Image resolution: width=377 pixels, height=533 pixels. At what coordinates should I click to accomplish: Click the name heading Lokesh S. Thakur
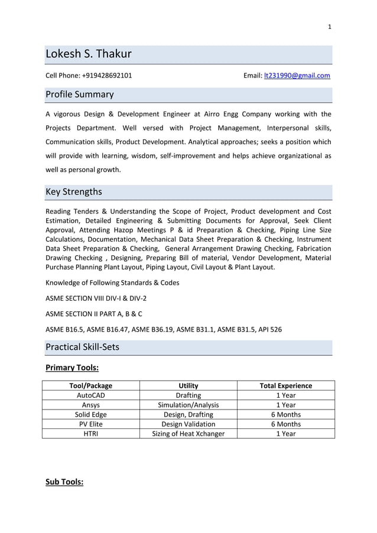click(x=89, y=54)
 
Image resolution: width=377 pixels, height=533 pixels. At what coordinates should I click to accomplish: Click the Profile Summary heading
click(x=80, y=95)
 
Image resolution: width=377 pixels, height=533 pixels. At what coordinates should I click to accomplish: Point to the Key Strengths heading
click(x=74, y=191)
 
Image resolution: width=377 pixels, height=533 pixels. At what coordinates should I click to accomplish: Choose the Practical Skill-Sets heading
click(x=82, y=347)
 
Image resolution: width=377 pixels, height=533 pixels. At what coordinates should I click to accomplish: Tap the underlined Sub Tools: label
click(x=64, y=482)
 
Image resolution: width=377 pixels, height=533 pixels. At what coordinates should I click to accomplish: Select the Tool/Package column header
click(x=90, y=386)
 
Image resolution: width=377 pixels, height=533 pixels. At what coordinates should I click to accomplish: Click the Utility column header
click(x=188, y=386)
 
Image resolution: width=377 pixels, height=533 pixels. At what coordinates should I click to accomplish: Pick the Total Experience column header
click(x=286, y=386)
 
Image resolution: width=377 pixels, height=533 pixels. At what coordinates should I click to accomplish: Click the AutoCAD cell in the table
click(x=90, y=395)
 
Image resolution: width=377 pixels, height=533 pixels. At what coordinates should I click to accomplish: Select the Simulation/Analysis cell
click(x=188, y=405)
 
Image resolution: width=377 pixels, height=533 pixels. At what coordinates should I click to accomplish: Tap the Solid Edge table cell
click(x=90, y=414)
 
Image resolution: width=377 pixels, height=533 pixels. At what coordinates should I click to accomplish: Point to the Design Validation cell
click(x=188, y=424)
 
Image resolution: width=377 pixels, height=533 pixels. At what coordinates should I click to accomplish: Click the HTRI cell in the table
click(x=90, y=433)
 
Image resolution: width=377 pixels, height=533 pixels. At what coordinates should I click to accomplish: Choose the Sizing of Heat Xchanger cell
click(x=188, y=433)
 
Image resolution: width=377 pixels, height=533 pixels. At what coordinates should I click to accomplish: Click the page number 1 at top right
click(x=330, y=27)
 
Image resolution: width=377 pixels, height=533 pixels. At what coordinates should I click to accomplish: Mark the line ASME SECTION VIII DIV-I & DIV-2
click(x=96, y=298)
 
